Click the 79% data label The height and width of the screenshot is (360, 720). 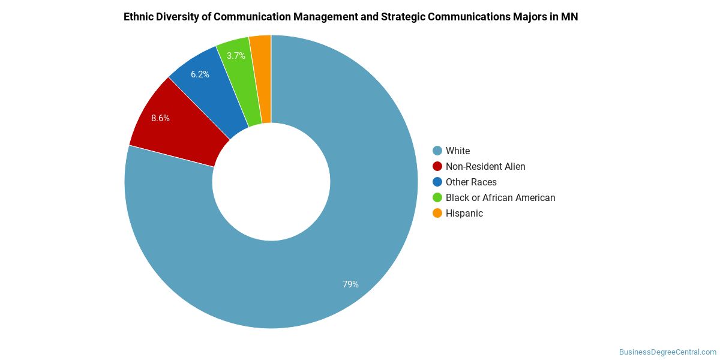click(350, 284)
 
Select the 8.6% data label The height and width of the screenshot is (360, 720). click(160, 118)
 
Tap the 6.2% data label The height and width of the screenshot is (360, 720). click(200, 74)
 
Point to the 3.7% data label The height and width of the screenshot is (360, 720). click(236, 56)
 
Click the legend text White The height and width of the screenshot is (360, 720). click(458, 151)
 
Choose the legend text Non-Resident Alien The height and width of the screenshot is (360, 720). click(485, 166)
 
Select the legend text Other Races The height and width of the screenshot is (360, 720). click(471, 182)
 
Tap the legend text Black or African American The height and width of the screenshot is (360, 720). click(500, 197)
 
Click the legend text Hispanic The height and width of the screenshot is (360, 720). click(464, 213)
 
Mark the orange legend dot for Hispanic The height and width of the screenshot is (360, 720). click(437, 213)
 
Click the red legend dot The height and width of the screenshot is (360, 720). click(437, 166)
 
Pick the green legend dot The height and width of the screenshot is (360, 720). click(437, 197)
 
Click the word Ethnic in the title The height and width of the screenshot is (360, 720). click(139, 17)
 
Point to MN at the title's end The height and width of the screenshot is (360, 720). click(569, 17)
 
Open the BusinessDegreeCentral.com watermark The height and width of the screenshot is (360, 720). click(667, 352)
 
